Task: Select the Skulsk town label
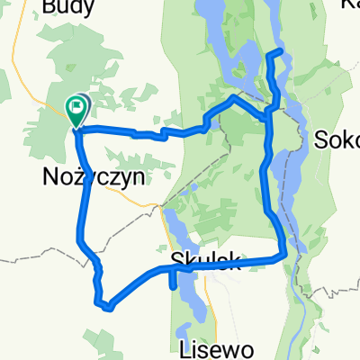tap(204, 261)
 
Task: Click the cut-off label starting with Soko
tap(338, 140)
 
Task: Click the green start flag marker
tap(78, 110)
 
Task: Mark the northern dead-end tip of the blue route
tap(281, 51)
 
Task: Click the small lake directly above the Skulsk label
tap(174, 225)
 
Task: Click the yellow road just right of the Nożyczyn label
tap(151, 202)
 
